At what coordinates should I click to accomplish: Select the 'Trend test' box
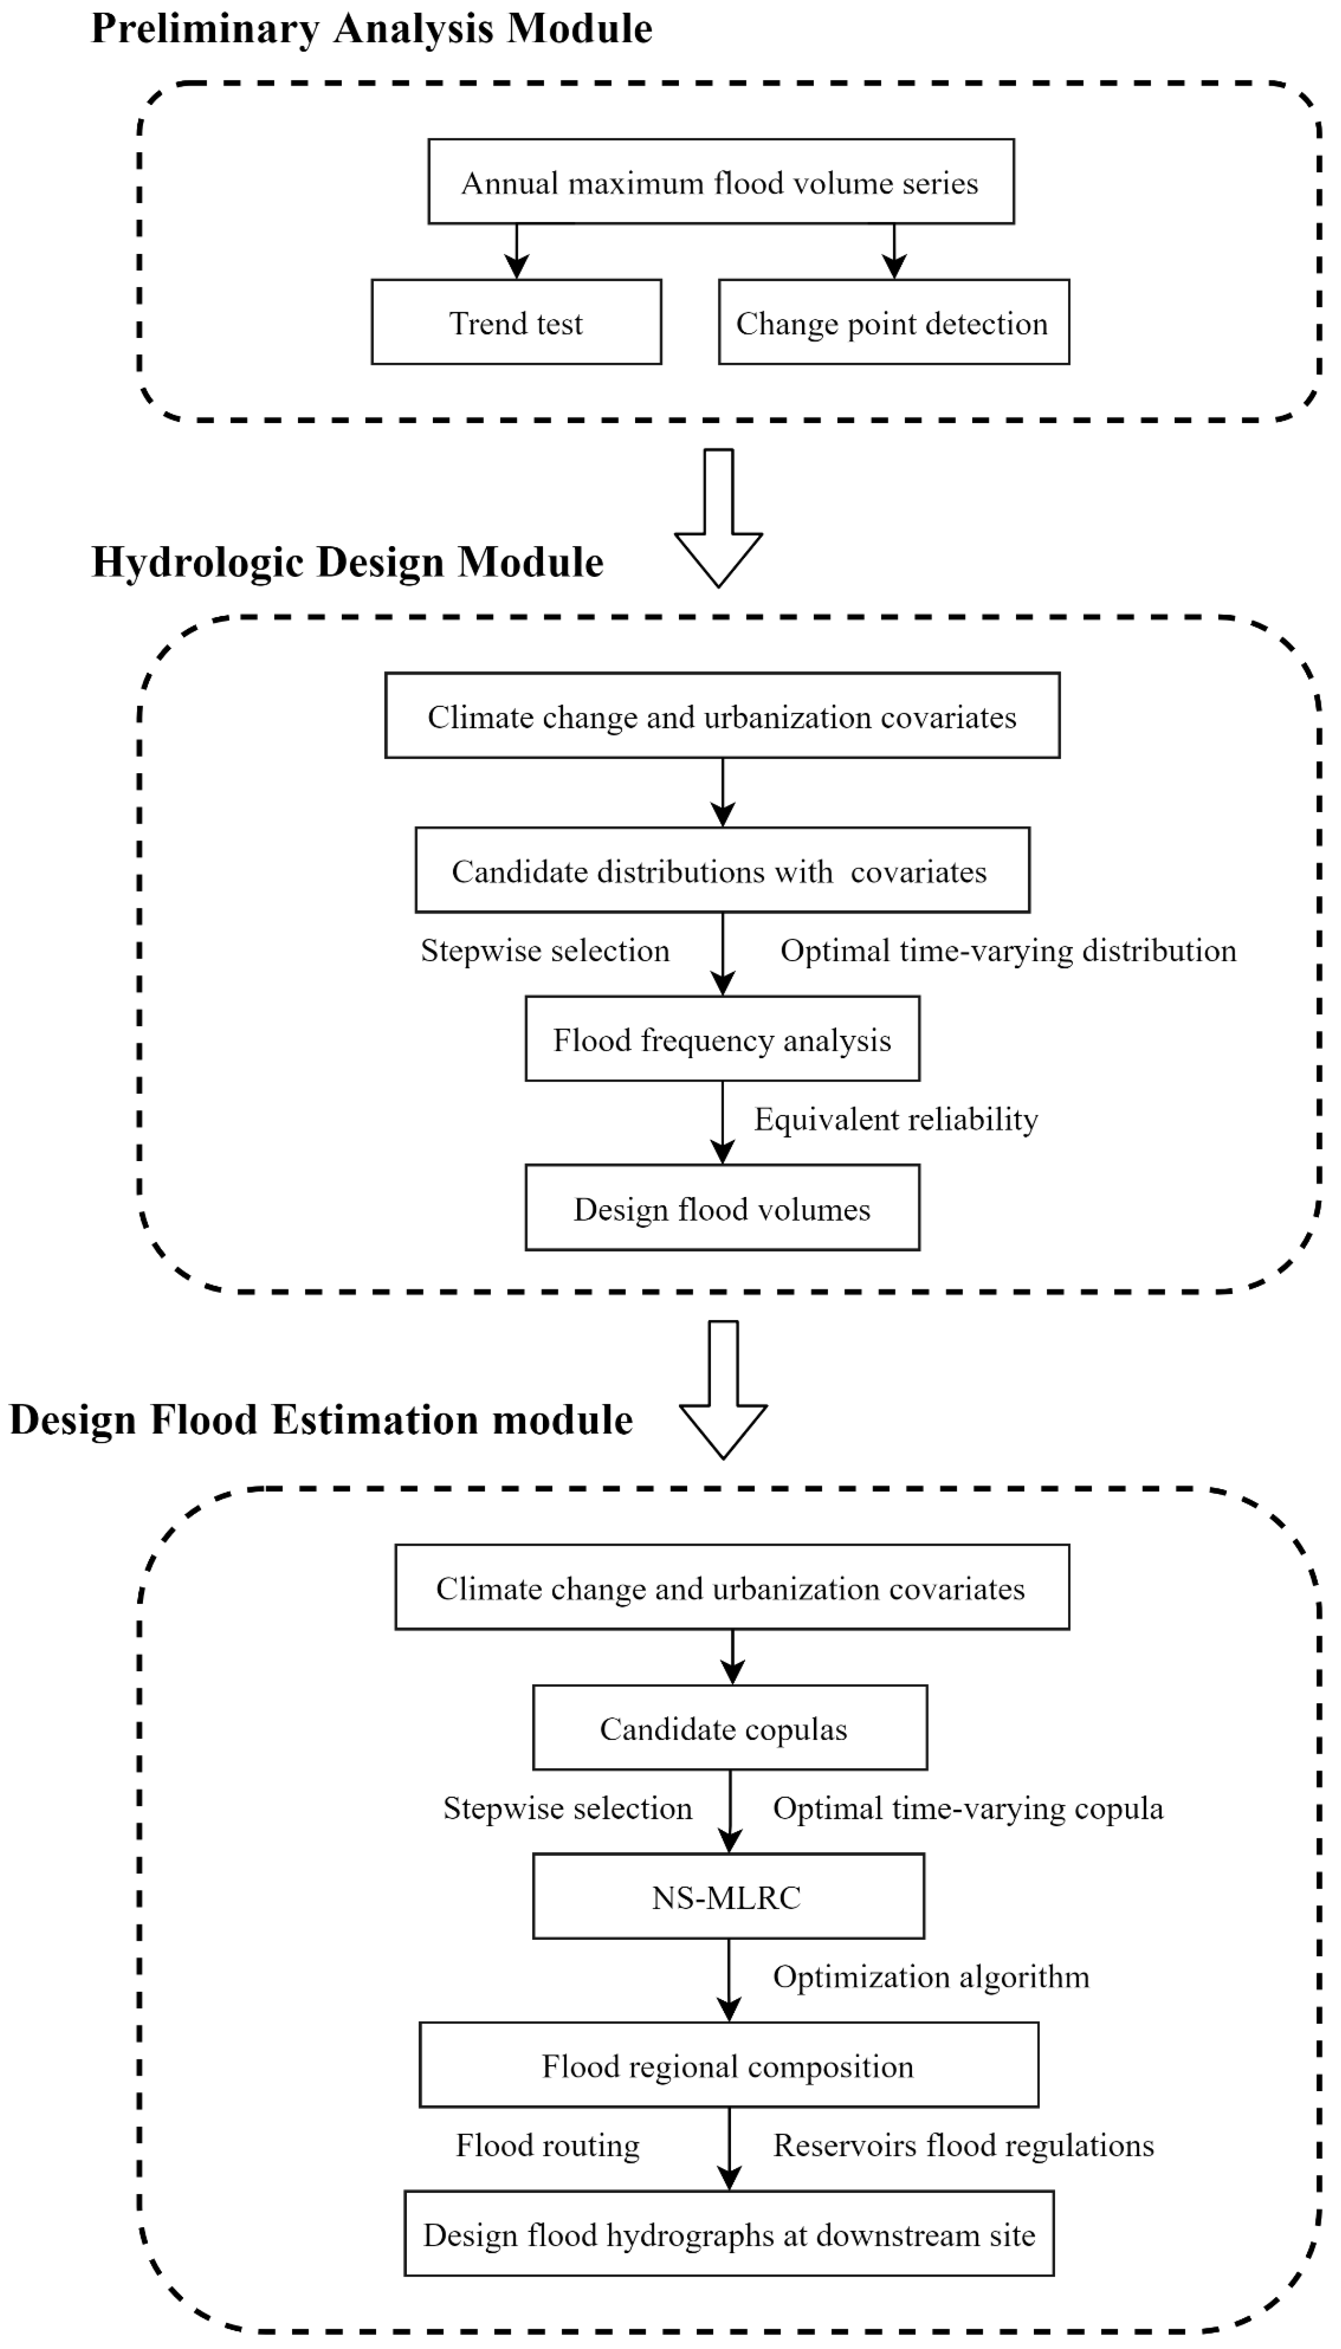[516, 322]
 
